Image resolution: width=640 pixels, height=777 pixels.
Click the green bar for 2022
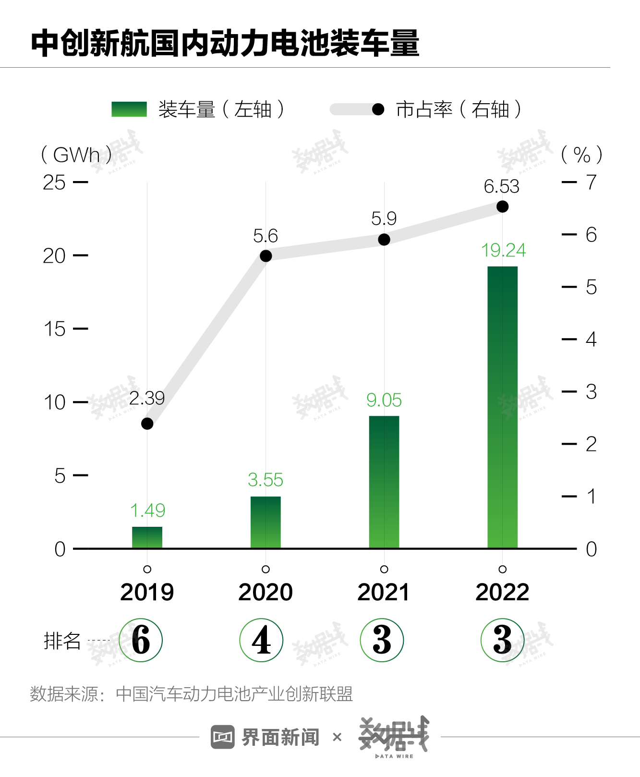click(x=502, y=407)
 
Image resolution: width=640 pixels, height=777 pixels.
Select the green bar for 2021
click(x=384, y=482)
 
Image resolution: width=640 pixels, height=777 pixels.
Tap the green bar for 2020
click(x=266, y=522)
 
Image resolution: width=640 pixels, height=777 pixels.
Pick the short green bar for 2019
click(x=147, y=537)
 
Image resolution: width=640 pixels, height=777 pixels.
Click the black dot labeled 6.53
click(x=502, y=206)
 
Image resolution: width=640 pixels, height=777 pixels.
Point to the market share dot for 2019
click(x=147, y=424)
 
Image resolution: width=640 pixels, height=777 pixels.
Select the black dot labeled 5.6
click(x=266, y=256)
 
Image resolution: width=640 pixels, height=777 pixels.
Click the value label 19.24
click(x=503, y=250)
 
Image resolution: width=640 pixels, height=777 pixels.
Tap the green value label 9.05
click(x=384, y=400)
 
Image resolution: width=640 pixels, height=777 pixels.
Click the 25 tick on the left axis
click(x=54, y=182)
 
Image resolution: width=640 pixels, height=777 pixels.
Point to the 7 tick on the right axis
click(x=591, y=182)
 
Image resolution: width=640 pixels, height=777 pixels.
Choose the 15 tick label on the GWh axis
click(x=54, y=329)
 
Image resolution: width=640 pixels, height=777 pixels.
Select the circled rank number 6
click(x=141, y=640)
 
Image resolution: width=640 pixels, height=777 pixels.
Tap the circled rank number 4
click(x=261, y=640)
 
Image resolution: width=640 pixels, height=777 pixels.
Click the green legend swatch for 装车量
click(x=129, y=109)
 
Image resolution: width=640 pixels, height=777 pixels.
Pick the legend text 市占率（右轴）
click(x=459, y=109)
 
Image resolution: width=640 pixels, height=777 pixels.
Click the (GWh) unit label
click(x=76, y=155)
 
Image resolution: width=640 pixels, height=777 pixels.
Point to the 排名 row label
click(x=62, y=641)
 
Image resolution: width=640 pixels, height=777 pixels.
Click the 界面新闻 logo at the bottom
click(x=266, y=737)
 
